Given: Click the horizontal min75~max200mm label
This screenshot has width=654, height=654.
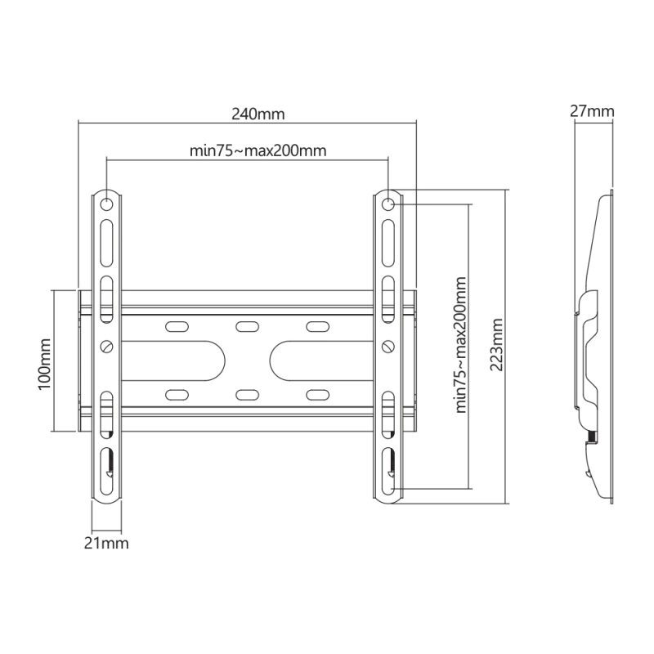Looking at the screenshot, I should (x=247, y=150).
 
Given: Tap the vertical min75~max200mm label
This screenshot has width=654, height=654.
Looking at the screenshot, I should (x=460, y=344).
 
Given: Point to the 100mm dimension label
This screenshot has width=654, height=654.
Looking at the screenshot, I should (x=45, y=361).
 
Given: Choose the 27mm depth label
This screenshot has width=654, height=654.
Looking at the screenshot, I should (x=593, y=111).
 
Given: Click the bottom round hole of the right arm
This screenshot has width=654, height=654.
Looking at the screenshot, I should (x=388, y=490).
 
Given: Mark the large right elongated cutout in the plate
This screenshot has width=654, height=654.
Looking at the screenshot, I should (x=307, y=361).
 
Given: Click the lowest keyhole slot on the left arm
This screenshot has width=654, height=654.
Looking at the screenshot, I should (x=106, y=465).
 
